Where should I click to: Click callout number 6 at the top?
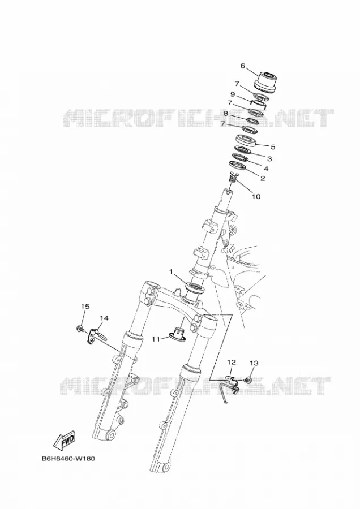pos(243,66)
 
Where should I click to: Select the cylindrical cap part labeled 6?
pos(265,80)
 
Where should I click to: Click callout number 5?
pos(273,147)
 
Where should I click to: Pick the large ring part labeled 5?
pos(246,140)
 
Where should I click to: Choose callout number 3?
pos(269,159)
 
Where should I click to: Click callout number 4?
pos(266,169)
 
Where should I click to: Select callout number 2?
pos(263,178)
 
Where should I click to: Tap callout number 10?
pos(256,196)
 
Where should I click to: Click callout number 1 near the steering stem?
pos(172,271)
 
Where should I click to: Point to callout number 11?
pos(156,339)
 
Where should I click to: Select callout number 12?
pos(232,361)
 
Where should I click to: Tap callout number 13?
pos(254,363)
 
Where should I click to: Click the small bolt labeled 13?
pos(248,379)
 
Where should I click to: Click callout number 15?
pos(85,306)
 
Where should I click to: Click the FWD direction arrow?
pos(65,440)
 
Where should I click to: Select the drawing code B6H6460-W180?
pos(68,459)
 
